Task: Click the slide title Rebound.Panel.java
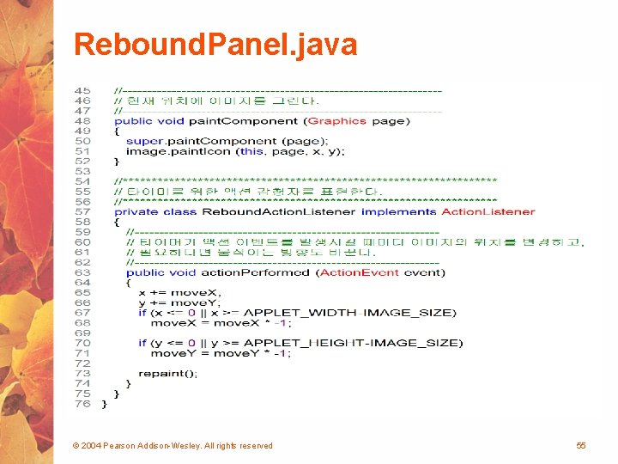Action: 215,45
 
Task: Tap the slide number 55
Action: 581,445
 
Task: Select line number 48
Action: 82,121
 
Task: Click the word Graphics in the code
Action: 337,121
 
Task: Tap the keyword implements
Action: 398,211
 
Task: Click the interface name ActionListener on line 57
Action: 488,211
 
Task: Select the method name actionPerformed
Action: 256,272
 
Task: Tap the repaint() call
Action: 167,374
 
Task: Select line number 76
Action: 82,404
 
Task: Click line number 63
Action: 82,272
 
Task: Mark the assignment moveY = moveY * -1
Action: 221,353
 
